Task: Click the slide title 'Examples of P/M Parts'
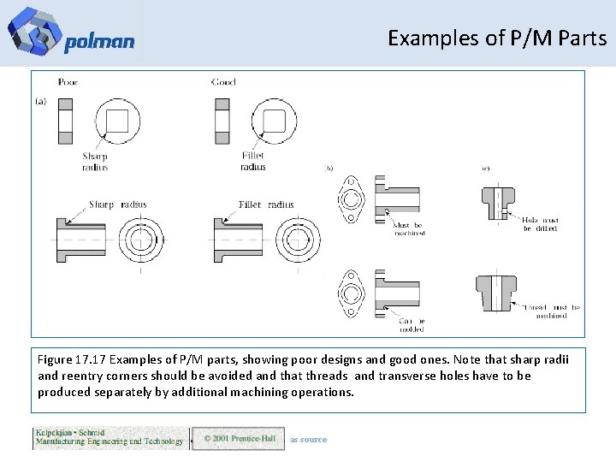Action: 496,38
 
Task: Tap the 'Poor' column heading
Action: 68,82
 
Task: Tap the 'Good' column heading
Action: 222,82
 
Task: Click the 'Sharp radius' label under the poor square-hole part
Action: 95,162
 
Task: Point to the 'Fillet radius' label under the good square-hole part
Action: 252,162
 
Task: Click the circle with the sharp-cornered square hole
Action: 117,120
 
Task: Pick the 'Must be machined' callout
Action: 409,228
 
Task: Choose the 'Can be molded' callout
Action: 411,324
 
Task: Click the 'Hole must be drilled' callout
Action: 540,224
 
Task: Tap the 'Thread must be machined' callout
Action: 552,311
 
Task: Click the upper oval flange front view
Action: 351,199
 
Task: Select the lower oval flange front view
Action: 351,293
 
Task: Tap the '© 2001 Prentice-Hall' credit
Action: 239,439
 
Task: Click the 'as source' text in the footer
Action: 308,440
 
